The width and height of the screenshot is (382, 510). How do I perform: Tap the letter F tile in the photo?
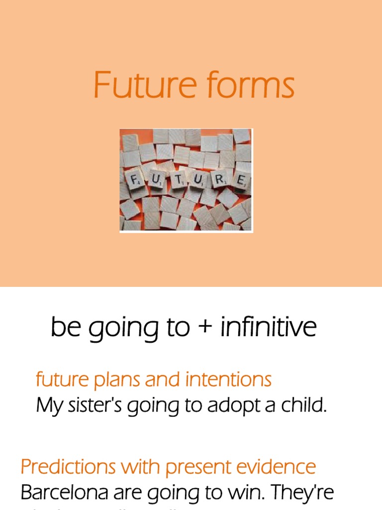[x=134, y=180]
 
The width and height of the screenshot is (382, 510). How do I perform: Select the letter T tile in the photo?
[x=178, y=180]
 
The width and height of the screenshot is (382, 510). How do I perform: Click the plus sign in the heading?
[x=205, y=328]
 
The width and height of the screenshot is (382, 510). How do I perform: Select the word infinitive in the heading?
[x=269, y=328]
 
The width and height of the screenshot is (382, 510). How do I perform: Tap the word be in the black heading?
[x=67, y=328]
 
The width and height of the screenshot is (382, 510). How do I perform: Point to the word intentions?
[x=228, y=380]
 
